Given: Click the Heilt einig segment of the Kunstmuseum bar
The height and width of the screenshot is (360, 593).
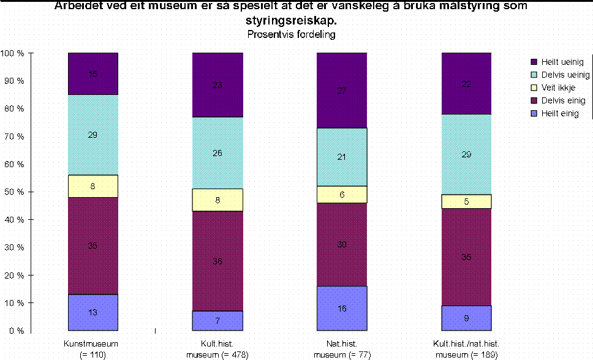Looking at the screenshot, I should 93,312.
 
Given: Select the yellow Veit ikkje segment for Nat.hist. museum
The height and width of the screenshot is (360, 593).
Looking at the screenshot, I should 342,194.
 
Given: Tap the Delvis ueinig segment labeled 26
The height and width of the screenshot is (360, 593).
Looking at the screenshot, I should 217,153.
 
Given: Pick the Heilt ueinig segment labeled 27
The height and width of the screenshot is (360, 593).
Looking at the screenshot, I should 342,91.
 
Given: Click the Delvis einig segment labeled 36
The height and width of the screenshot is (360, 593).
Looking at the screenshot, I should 217,261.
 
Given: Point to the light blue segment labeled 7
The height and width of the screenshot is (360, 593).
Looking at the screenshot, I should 217,321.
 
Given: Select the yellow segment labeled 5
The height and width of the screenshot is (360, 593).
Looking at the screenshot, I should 466,201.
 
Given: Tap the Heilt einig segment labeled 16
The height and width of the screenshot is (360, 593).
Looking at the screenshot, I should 342,308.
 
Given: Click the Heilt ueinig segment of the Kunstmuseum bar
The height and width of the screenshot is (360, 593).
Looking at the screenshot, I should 93,74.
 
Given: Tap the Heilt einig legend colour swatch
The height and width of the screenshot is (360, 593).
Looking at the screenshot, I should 534,114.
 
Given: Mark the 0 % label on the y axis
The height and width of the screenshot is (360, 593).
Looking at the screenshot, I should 17,331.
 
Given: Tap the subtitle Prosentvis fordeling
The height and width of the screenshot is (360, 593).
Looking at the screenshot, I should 291,34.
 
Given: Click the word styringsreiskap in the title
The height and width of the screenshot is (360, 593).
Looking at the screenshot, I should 291,21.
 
